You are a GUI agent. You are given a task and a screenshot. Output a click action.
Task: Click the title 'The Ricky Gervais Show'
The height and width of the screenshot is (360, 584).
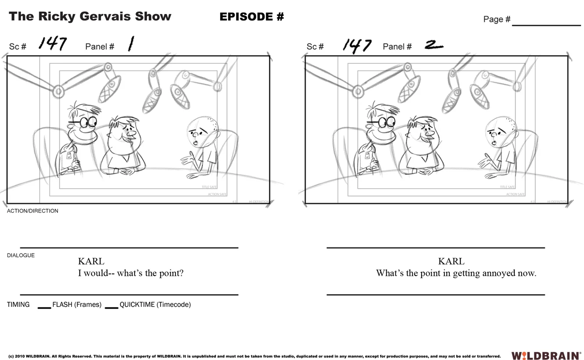tap(90, 17)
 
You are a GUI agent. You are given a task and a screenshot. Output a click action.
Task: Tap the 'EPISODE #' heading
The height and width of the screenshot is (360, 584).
tap(251, 17)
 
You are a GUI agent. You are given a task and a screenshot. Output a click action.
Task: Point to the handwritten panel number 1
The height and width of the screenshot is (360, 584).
tap(130, 44)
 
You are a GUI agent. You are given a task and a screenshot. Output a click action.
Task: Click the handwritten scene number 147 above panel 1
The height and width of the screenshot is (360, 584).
tap(52, 44)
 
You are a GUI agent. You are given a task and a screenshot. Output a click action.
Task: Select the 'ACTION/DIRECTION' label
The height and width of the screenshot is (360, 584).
tap(32, 211)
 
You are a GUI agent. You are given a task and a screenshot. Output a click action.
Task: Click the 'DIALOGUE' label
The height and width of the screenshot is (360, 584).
tap(21, 255)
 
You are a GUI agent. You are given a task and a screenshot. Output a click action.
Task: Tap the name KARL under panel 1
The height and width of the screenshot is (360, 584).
tap(91, 261)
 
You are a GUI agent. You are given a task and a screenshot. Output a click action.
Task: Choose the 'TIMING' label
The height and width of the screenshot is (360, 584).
tap(18, 304)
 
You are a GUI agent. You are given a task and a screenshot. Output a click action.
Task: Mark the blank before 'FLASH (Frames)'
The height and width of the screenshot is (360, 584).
tap(44, 306)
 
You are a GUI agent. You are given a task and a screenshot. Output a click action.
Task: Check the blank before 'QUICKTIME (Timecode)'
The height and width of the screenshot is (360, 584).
tap(111, 306)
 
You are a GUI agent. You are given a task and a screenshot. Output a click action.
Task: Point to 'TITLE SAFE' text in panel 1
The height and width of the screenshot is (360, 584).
tap(209, 187)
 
